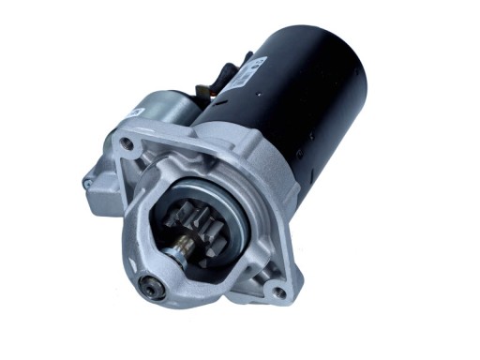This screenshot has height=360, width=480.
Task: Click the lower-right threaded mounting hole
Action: (278, 292)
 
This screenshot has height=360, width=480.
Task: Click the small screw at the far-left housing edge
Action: (87, 184)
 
